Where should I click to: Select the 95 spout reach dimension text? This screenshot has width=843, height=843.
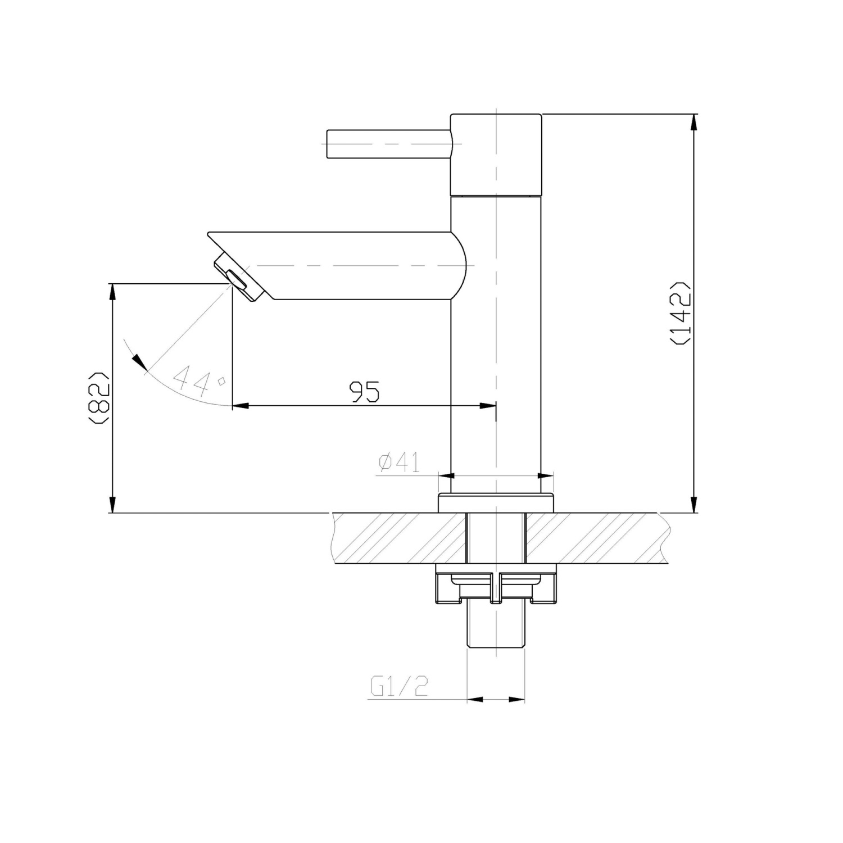[x=365, y=392]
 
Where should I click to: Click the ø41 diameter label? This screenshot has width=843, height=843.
[x=399, y=463]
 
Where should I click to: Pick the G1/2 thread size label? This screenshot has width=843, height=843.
[x=399, y=686]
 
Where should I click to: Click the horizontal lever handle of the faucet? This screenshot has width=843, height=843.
[x=388, y=144]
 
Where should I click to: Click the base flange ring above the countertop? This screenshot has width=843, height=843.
[x=496, y=503]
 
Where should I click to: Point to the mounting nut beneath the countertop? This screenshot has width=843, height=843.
[x=496, y=589]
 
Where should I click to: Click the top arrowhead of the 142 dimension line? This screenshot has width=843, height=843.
[x=695, y=121]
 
